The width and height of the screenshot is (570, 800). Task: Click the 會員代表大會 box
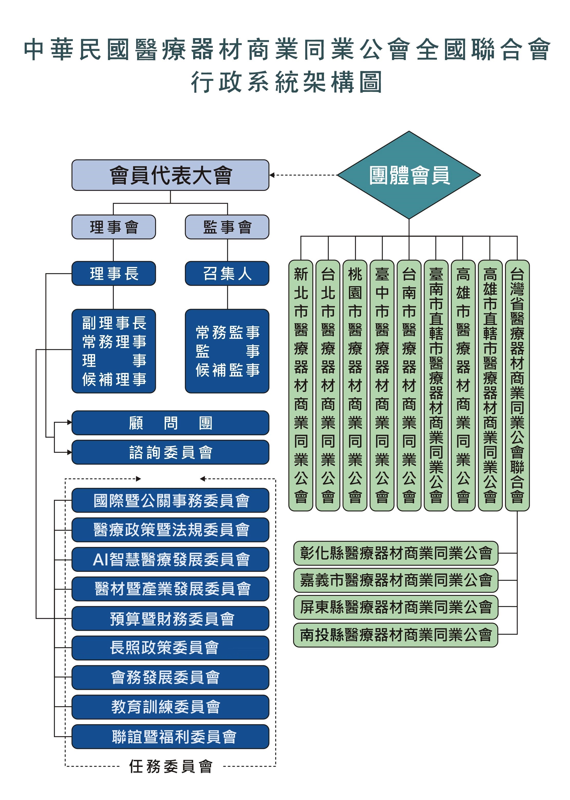point(170,175)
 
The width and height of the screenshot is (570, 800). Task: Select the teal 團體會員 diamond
point(409,175)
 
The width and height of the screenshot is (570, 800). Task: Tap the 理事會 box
point(113,227)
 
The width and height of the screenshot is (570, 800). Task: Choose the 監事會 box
point(227,227)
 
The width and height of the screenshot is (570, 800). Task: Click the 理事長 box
point(113,273)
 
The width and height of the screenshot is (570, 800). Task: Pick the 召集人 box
point(227,273)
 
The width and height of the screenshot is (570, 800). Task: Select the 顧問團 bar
point(170,423)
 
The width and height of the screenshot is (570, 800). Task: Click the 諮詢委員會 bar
point(170,452)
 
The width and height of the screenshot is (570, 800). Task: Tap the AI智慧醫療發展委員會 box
point(170,559)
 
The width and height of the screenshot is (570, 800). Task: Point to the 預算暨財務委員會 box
point(170,618)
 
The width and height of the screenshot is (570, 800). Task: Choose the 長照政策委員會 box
point(170,648)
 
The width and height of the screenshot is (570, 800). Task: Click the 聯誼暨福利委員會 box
point(170,737)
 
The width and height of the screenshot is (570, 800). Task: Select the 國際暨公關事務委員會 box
point(170,500)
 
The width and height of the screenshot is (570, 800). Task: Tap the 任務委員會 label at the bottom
point(171,766)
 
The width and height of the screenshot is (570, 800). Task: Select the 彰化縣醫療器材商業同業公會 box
point(396,553)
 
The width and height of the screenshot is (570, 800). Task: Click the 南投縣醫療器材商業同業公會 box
point(396,635)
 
